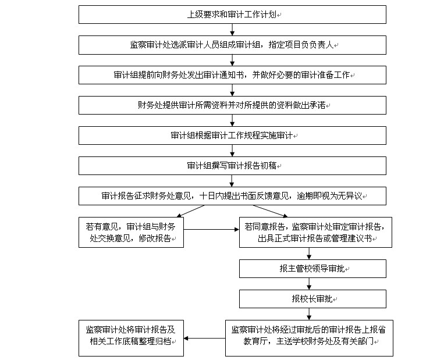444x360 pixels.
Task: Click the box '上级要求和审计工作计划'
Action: click(x=232, y=15)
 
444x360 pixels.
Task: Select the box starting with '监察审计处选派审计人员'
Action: click(x=232, y=45)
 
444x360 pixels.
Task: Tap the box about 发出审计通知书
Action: click(x=232, y=75)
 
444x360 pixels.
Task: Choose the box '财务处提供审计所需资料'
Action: click(x=232, y=105)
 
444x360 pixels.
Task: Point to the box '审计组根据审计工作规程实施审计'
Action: click(x=232, y=136)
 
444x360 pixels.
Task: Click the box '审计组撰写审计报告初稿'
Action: click(x=232, y=166)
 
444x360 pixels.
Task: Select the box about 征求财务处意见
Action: click(x=232, y=196)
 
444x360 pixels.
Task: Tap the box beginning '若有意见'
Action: click(x=131, y=233)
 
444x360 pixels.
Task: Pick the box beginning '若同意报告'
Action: click(x=315, y=233)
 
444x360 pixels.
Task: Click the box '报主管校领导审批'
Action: click(x=312, y=269)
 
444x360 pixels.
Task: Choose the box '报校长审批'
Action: click(x=312, y=299)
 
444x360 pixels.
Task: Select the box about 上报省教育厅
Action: click(x=309, y=338)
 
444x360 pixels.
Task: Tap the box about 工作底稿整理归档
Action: click(x=131, y=338)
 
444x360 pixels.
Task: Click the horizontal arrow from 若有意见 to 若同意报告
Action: click(x=211, y=230)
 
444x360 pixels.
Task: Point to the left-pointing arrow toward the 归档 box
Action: click(x=204, y=338)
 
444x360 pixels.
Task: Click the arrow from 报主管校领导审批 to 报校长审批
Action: click(x=309, y=284)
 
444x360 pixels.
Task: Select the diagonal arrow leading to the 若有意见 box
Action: click(x=190, y=211)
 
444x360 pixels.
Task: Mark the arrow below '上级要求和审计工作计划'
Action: click(x=232, y=30)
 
